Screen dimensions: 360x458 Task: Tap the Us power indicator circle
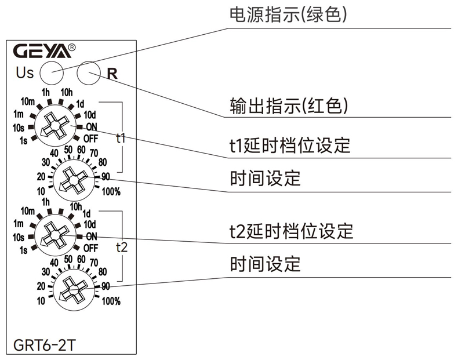click(51, 73)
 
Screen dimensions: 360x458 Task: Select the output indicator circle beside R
click(88, 72)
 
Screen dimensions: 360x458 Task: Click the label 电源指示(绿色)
click(289, 15)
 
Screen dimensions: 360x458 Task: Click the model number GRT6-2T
click(44, 345)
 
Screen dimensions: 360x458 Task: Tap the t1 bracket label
click(121, 139)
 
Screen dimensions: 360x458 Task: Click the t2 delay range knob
click(53, 234)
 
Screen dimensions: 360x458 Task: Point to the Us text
click(24, 74)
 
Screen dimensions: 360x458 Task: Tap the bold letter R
click(112, 74)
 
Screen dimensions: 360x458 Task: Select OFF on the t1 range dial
click(90, 138)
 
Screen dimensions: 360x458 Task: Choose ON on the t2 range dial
click(92, 236)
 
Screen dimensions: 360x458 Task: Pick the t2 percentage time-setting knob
click(72, 289)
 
